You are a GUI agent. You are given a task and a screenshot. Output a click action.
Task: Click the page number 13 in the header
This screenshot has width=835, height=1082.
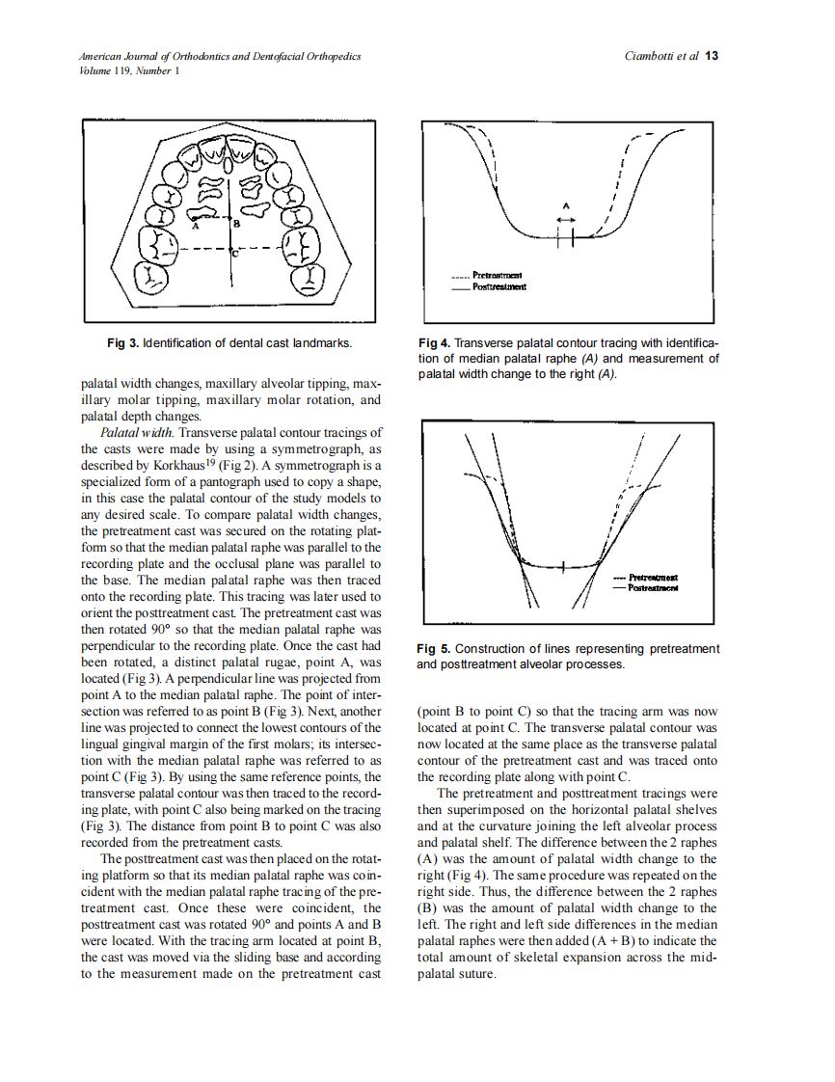tap(712, 56)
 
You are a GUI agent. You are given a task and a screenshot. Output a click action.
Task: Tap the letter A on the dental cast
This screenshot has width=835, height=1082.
tap(195, 228)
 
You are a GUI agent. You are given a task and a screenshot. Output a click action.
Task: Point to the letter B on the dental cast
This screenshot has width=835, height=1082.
tap(237, 223)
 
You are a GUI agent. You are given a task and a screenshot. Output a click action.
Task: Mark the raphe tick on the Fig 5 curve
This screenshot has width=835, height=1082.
tap(561, 567)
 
